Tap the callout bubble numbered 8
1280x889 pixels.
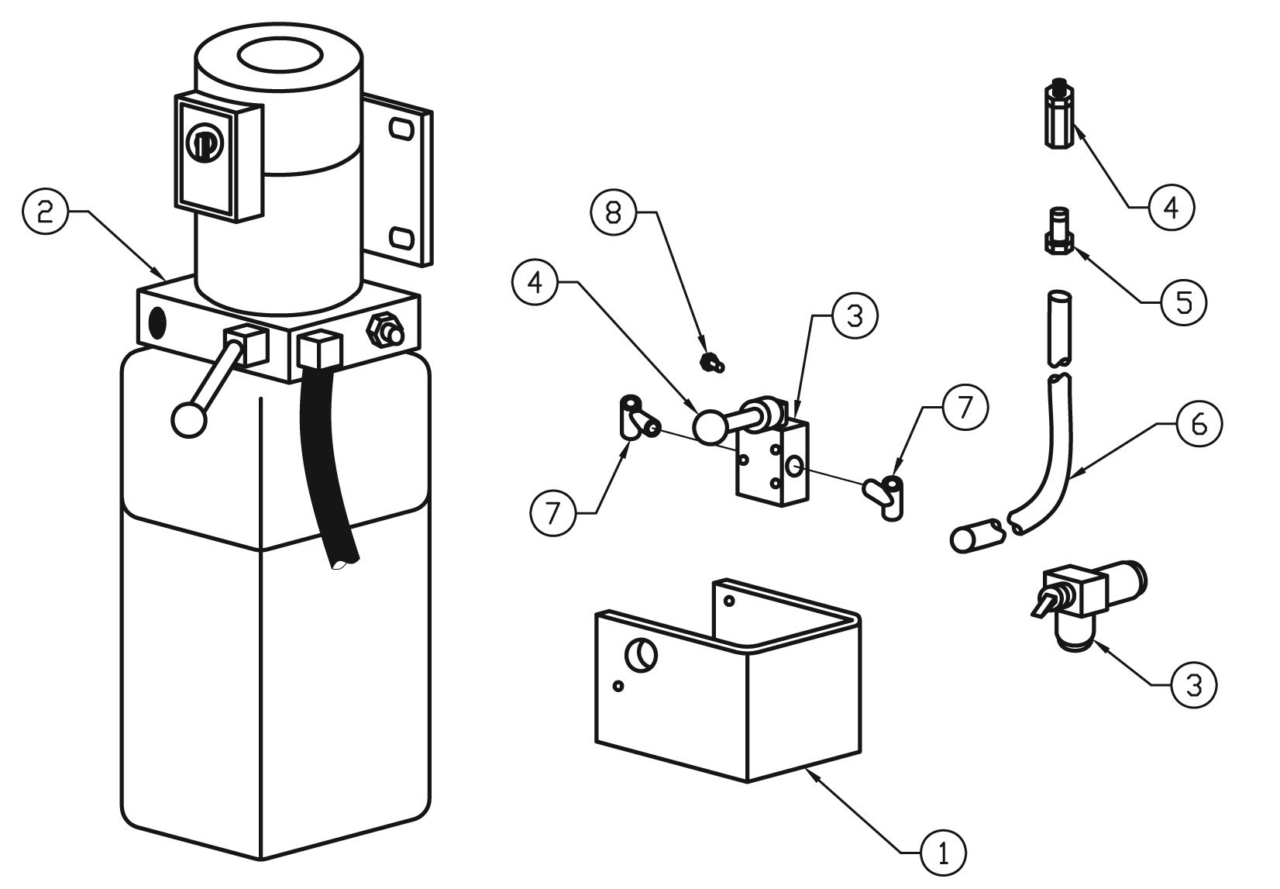click(x=614, y=212)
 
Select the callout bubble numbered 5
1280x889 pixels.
click(x=1184, y=302)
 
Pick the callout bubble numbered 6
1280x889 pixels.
click(x=1198, y=424)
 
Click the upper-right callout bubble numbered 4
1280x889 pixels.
click(x=1171, y=207)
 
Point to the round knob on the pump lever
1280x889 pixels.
click(x=188, y=419)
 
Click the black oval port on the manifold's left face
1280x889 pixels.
click(x=157, y=320)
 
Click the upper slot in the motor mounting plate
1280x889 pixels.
click(x=401, y=129)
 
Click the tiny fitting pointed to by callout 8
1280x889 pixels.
click(x=708, y=361)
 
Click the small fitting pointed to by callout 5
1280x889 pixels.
click(x=1057, y=229)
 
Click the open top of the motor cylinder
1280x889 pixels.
click(x=280, y=58)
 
